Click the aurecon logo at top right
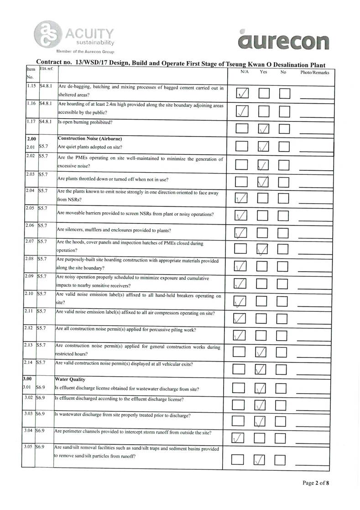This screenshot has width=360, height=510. (x=283, y=40)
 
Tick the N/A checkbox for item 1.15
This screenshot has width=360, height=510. (x=243, y=94)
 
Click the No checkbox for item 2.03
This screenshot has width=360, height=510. (x=285, y=182)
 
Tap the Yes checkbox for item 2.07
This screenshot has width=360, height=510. (x=263, y=249)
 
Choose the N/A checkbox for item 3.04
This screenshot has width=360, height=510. (x=239, y=438)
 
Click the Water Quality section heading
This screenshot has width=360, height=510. (x=70, y=379)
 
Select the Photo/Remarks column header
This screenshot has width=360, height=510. (x=314, y=73)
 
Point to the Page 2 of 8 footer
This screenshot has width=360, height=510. (x=315, y=483)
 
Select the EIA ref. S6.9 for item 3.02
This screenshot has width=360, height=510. (x=42, y=399)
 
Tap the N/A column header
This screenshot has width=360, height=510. (x=245, y=72)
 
